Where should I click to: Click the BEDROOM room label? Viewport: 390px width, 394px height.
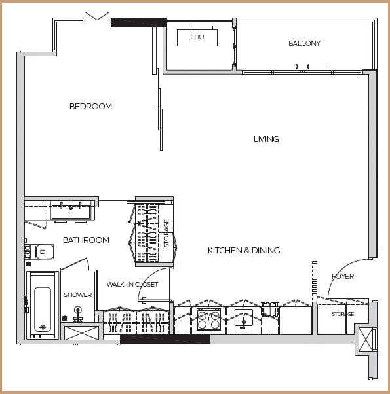point(90,106)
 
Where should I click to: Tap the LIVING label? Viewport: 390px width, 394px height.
point(266,139)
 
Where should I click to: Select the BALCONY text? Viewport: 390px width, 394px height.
point(304,43)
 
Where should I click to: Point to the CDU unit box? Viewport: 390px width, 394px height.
point(197,38)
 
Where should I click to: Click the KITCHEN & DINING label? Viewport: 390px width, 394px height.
point(244,250)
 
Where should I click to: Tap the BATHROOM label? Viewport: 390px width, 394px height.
point(86,240)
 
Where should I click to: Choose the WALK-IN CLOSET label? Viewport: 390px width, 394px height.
point(132,285)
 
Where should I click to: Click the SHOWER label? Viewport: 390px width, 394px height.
point(78,295)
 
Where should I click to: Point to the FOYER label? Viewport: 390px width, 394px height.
point(343,276)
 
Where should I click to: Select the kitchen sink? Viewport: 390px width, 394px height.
point(244,318)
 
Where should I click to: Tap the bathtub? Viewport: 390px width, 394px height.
point(43,305)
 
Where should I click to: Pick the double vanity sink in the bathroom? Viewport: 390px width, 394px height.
point(71,211)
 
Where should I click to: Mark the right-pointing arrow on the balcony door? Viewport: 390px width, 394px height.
point(288,67)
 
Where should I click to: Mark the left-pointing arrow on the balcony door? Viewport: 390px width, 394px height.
point(317,67)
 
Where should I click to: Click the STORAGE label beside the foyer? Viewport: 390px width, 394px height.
point(343,314)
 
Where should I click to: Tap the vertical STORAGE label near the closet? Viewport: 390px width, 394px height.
point(166,234)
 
